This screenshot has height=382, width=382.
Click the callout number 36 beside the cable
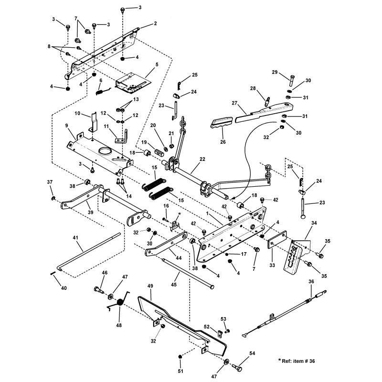point(311,282)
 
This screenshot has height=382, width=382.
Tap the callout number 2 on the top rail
point(155,23)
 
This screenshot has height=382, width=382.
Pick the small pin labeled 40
point(52,274)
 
